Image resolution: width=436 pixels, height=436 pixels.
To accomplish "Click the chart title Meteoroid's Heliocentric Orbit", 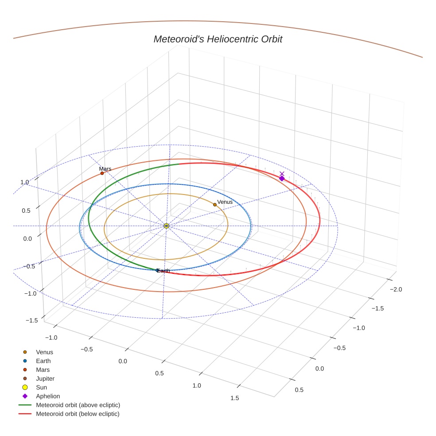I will [218, 39].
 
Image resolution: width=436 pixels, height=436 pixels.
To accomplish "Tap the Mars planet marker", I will [102, 173].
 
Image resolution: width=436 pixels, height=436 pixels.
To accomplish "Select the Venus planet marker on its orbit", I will [215, 205].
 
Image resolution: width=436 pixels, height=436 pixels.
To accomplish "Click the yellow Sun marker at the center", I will [167, 226].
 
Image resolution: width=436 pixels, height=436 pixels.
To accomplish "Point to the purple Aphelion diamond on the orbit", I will [282, 179].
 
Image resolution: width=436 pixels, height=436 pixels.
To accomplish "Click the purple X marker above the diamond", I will [282, 174].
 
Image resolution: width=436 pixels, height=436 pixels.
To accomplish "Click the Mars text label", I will [105, 169].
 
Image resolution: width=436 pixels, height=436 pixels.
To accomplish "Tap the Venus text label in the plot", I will [225, 202].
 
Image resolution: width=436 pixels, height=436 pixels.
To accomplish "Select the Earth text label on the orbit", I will [163, 271].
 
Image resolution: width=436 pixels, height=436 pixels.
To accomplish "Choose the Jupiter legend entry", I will [45, 379].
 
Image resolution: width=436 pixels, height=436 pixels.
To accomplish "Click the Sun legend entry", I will [41, 388].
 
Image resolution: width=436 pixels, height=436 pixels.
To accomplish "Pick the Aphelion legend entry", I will [48, 397].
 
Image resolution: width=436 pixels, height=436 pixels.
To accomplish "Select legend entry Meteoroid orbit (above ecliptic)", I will [78, 405].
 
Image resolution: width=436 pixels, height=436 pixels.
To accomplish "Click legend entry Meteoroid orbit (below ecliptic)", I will [78, 414].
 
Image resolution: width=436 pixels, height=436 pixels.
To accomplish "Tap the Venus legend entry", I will [44, 352].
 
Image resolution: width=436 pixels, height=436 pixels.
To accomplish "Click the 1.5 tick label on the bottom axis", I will [234, 398].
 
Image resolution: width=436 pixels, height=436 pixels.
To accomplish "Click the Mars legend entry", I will [43, 370].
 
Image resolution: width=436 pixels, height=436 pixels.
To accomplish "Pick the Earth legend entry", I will [43, 361].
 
